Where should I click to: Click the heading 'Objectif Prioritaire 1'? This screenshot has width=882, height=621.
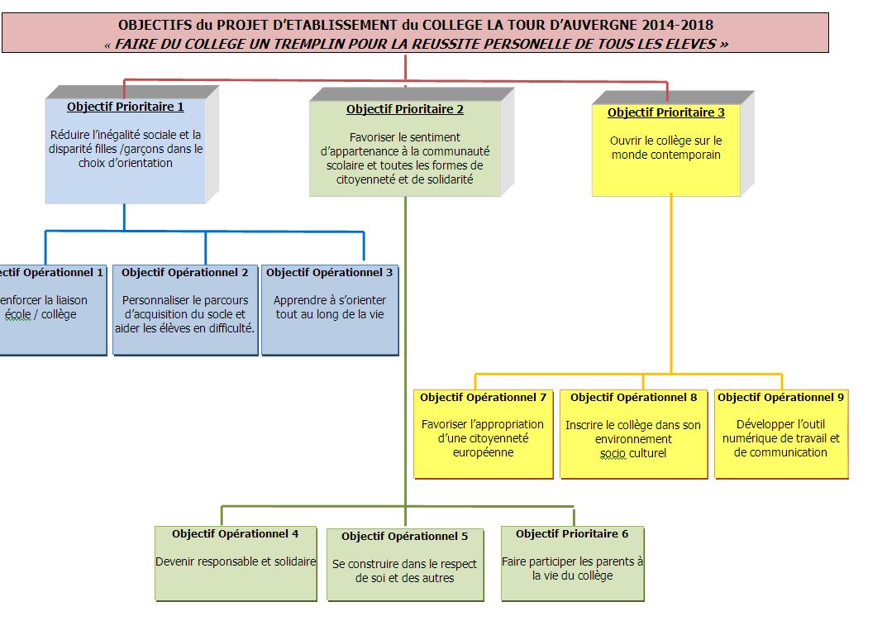pyautogui.click(x=125, y=107)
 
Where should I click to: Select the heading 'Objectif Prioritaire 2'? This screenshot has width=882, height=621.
pyautogui.click(x=404, y=109)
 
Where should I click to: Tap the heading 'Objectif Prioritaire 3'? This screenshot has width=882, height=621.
pyautogui.click(x=665, y=112)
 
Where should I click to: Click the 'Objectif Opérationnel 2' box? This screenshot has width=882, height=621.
pyautogui.click(x=185, y=309)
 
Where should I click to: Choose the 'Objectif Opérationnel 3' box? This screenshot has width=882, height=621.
pyautogui.click(x=330, y=309)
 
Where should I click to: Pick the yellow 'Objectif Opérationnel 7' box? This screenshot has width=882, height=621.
pyautogui.click(x=483, y=434)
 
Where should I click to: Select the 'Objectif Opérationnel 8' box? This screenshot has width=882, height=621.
pyautogui.click(x=633, y=434)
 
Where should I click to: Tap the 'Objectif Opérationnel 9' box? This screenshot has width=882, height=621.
pyautogui.click(x=780, y=434)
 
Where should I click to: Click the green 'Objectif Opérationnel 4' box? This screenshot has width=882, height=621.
pyautogui.click(x=236, y=562)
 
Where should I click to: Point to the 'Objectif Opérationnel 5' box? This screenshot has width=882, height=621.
pyautogui.click(x=404, y=565)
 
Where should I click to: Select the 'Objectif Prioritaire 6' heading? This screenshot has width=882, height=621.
pyautogui.click(x=572, y=534)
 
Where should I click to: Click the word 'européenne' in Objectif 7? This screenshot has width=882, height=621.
pyautogui.click(x=483, y=452)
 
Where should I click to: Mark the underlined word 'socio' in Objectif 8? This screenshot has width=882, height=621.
pyautogui.click(x=613, y=453)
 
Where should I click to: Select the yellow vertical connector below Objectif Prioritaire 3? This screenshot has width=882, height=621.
pyautogui.click(x=670, y=281)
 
